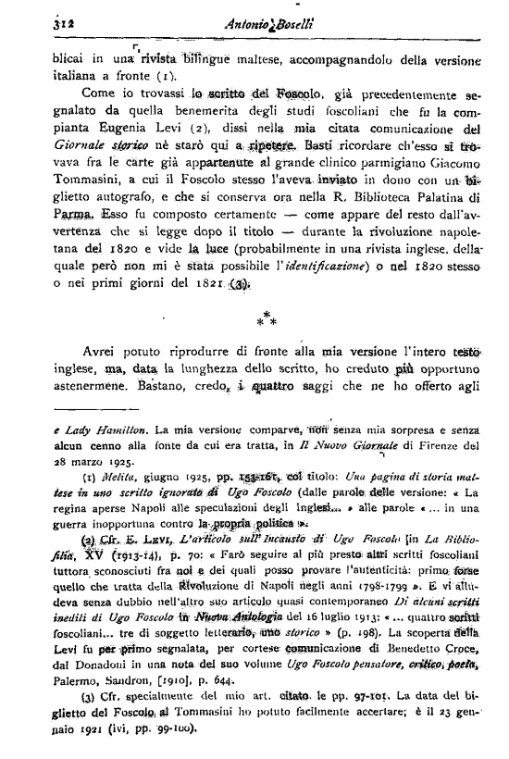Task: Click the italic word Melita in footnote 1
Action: coord(106,477)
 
